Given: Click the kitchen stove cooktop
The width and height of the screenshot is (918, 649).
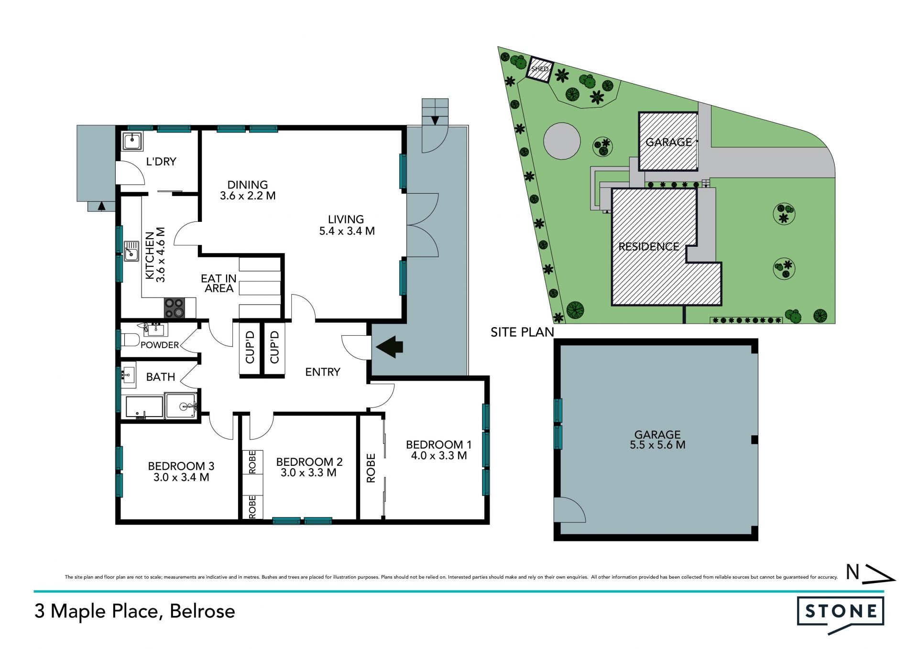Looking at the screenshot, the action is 174,308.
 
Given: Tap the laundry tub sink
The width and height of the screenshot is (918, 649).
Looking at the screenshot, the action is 132,141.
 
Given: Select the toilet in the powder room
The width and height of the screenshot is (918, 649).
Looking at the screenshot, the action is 130,340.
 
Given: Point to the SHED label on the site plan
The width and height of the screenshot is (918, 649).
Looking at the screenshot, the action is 540,69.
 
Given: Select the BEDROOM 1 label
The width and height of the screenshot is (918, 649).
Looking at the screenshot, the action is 438,444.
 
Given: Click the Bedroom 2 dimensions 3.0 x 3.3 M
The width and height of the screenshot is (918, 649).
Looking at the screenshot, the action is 308,473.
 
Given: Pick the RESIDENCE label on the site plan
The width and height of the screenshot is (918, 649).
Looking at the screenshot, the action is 649,246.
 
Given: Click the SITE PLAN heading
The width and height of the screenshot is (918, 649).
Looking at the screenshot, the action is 522,332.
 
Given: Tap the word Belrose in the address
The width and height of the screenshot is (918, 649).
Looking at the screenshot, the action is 202,611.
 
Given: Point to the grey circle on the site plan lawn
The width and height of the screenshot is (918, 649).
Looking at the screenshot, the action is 562,141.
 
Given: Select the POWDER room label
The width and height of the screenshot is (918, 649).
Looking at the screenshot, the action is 160,345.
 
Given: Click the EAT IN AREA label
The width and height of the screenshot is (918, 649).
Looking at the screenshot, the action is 219,283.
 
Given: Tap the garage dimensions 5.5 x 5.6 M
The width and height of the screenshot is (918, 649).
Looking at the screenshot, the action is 657,445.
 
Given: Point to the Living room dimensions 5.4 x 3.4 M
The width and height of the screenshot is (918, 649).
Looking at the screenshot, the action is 347,231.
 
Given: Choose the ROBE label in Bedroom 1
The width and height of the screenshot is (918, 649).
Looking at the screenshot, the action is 371,468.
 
